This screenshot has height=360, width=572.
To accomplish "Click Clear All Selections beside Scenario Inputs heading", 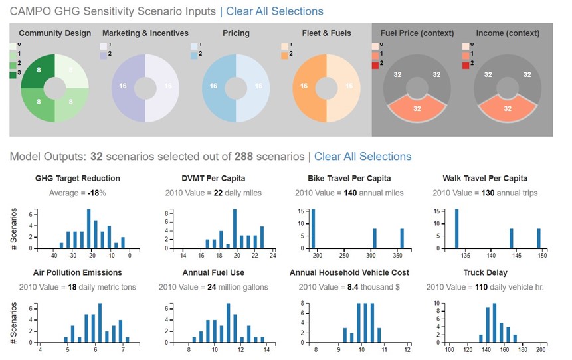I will tap(274, 11).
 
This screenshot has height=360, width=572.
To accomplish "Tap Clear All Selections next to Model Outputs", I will tap(363, 157).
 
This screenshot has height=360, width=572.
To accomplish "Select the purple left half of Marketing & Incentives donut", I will tap(124, 87).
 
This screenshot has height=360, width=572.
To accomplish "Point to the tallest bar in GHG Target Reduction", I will tap(88, 228).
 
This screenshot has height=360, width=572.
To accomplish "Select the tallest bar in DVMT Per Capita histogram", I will tap(235, 228).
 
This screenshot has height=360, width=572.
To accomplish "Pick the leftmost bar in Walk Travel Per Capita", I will tap(456, 228).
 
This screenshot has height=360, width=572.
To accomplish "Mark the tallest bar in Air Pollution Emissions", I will tap(100, 323).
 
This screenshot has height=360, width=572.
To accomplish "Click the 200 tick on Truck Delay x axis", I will tap(541, 349).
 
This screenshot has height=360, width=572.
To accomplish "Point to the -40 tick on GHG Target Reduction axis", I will tap(53, 254).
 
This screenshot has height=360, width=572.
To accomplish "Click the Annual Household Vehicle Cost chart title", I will tap(349, 272).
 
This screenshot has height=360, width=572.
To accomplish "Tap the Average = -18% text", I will tap(78, 193).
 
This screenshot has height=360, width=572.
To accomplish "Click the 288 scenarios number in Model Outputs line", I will tap(244, 157).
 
